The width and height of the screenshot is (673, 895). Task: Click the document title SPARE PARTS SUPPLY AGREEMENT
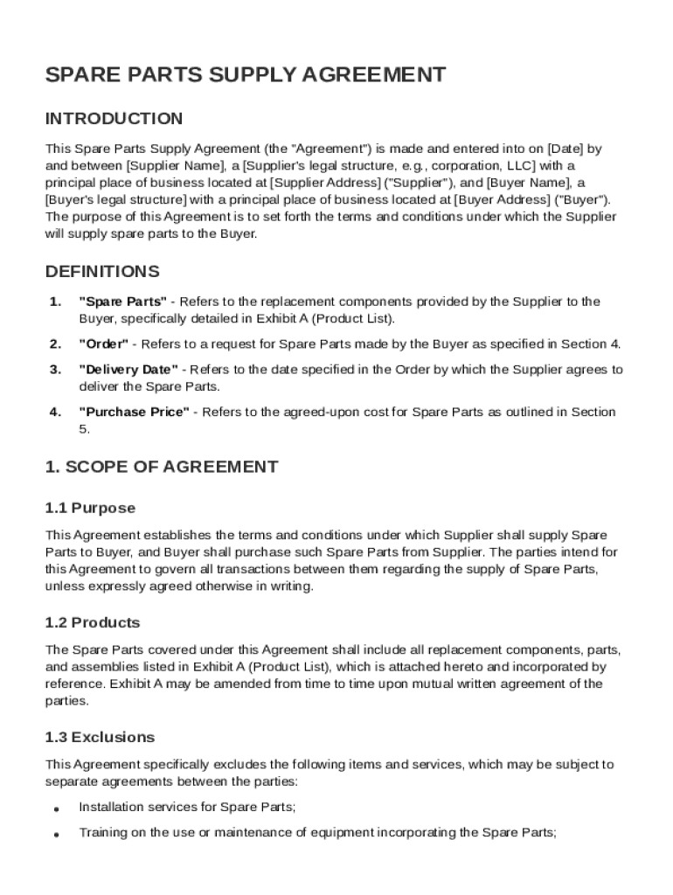coord(246,75)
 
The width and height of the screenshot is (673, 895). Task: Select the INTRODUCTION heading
coord(114,119)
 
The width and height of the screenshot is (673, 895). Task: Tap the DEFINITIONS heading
coord(102,272)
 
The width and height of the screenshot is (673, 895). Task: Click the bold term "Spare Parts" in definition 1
coord(122,302)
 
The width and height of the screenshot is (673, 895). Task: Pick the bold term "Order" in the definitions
coord(103,344)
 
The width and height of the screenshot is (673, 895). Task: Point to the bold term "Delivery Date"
coord(128,370)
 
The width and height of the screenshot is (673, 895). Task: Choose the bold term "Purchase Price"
coord(134,413)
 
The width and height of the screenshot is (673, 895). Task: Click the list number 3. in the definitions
coord(55,370)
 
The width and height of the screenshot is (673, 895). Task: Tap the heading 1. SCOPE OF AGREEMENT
coord(162,467)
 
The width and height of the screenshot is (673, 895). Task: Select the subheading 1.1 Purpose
coord(90,508)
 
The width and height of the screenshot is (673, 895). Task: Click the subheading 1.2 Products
coord(93,623)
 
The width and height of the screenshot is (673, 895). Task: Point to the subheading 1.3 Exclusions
coord(100,737)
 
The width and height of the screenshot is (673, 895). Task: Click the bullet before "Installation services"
coord(56,808)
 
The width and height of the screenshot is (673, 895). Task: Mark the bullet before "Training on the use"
coord(56,835)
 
